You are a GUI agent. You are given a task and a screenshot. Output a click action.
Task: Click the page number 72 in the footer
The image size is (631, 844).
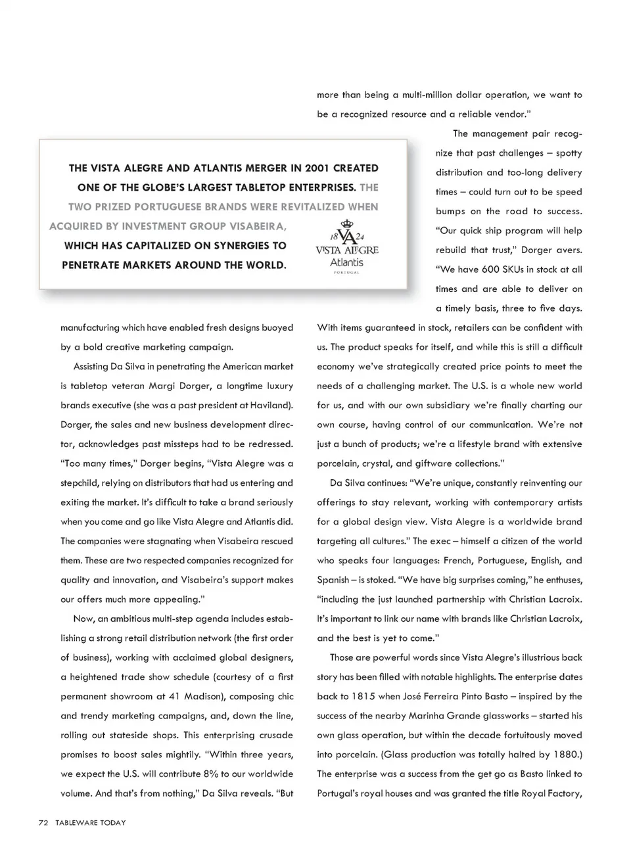[x=43, y=822]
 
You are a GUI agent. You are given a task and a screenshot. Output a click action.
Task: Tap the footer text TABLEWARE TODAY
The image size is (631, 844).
[x=90, y=822]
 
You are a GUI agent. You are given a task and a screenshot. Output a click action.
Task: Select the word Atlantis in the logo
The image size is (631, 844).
[x=346, y=262]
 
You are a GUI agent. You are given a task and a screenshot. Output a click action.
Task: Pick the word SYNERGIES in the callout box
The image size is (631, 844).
[x=250, y=246]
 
